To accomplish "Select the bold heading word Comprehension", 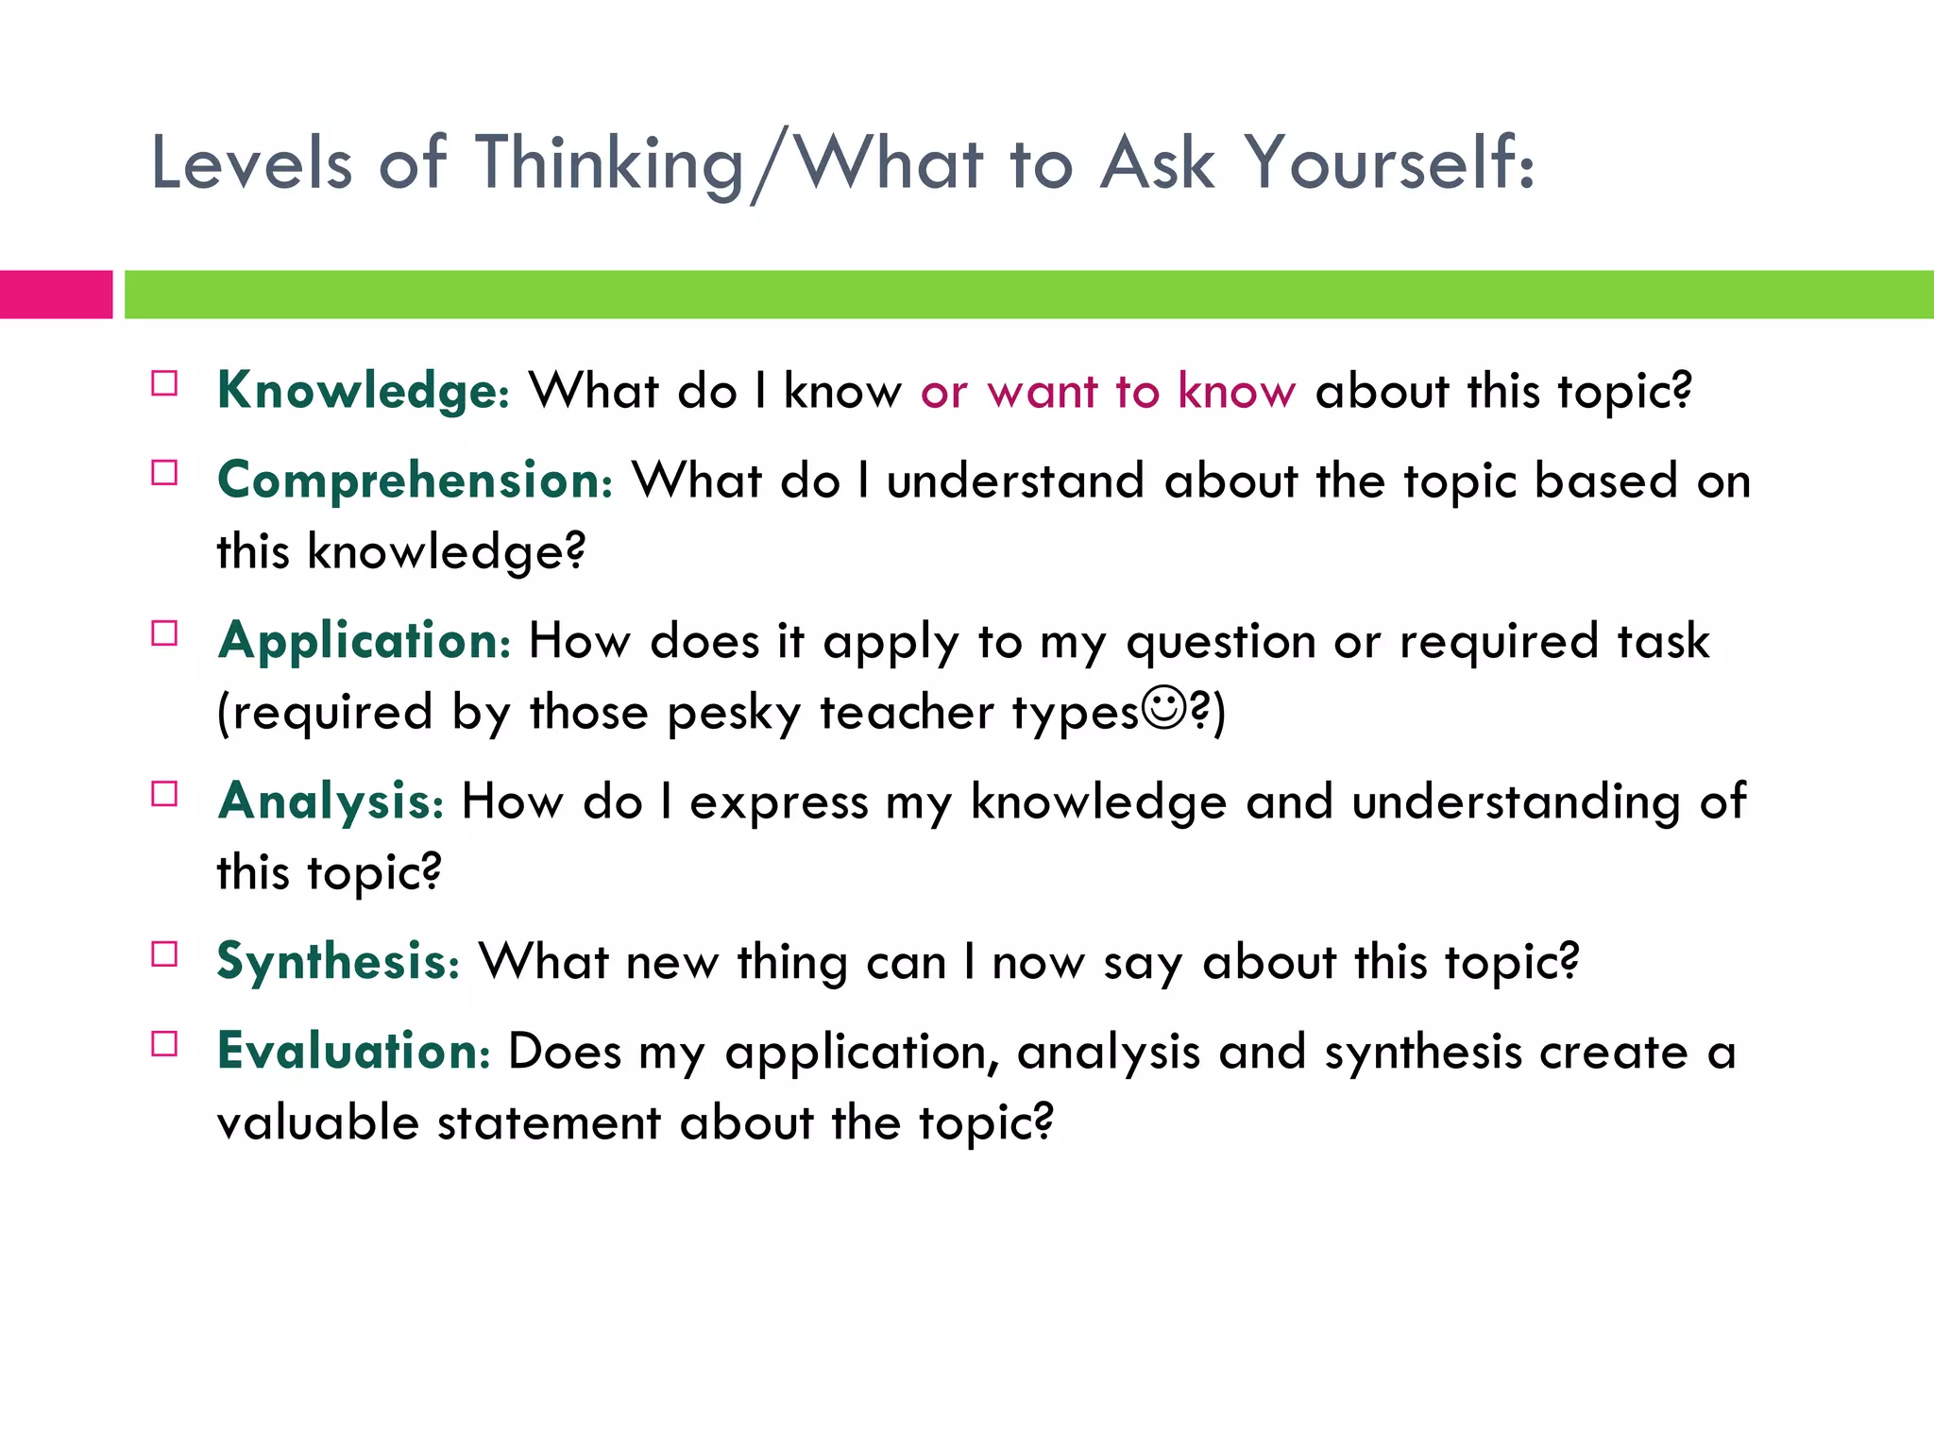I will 415,481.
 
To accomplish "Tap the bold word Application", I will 364,641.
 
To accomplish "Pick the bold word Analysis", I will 330,801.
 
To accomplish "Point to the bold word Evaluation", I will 353,1051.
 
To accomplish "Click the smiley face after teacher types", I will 1162,708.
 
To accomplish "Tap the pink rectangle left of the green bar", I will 56,295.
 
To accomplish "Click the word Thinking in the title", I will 610,163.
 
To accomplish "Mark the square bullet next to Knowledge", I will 164,383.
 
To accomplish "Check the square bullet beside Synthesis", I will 164,954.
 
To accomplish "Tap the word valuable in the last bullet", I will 317,1122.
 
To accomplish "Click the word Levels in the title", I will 251,163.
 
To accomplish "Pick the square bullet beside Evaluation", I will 164,1043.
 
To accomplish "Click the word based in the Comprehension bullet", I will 1605,481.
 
